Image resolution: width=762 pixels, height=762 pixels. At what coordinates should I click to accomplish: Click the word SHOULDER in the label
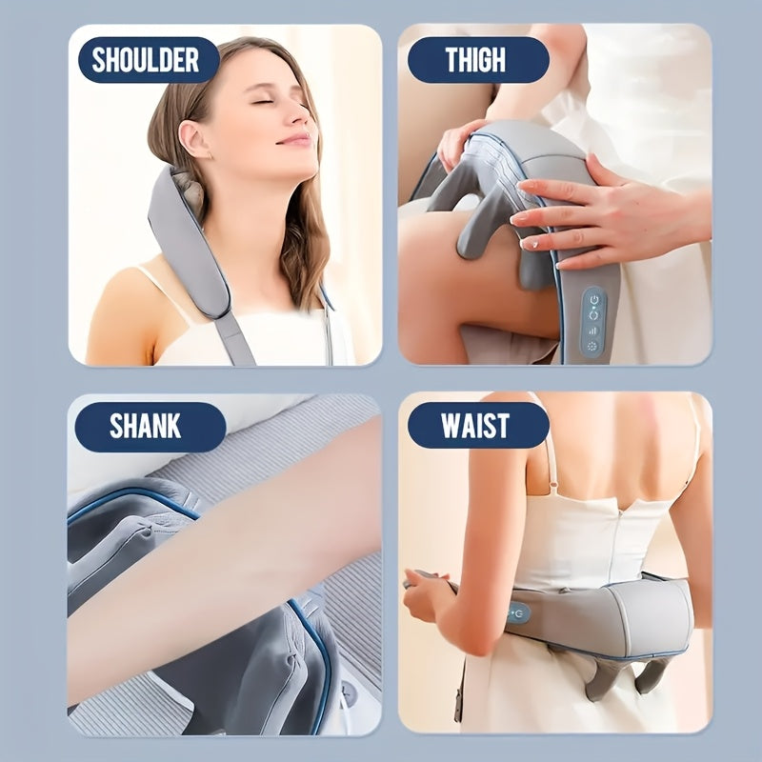144,60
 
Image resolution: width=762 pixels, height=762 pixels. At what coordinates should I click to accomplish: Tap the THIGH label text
475,60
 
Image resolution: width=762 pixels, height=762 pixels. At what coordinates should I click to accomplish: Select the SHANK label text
144,426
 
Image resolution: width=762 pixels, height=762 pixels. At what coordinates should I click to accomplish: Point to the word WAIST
475,426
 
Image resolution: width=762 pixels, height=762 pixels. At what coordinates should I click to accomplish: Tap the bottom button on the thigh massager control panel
592,348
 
